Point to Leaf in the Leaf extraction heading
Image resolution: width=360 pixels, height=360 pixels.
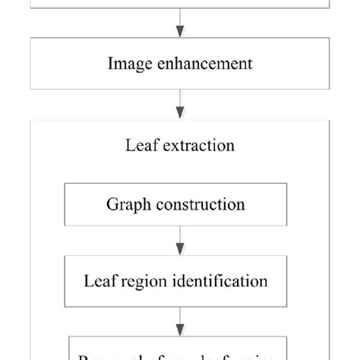pos(139,144)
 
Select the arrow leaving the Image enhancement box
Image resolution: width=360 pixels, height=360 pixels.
pos(180,103)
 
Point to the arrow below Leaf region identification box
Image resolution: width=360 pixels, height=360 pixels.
pos(180,319)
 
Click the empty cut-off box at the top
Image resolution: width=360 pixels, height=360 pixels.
pos(180,5)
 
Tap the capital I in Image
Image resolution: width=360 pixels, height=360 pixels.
pos(111,64)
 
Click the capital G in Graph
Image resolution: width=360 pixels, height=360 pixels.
pos(112,204)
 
